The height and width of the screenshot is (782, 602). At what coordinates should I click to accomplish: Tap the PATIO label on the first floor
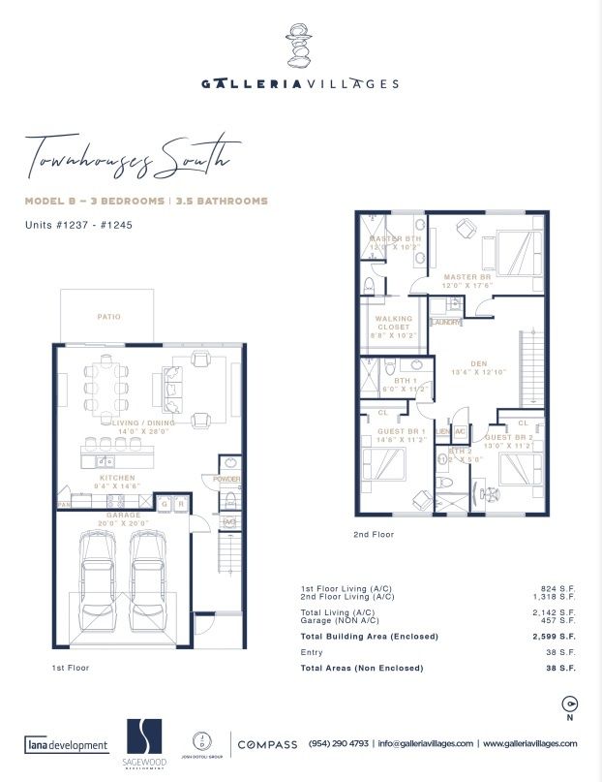coord(108,316)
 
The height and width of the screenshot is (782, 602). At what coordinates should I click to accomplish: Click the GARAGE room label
coord(123,516)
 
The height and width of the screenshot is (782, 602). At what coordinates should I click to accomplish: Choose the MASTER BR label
coord(468,277)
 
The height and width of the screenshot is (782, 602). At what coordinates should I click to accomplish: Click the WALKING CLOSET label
coord(394,323)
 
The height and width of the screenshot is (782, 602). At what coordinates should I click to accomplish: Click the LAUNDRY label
coord(446,322)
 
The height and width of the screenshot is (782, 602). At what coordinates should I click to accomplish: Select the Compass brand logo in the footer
coord(267,744)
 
